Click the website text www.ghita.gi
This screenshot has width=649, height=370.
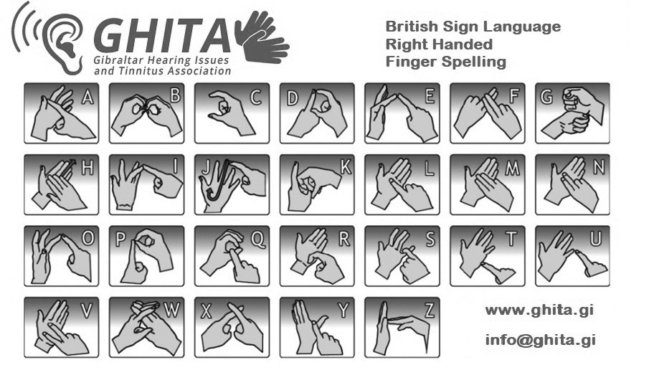tap(539, 310)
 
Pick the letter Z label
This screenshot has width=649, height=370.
tap(430, 311)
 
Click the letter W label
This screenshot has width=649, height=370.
tap(172, 311)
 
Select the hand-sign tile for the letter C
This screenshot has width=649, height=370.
tap(232, 113)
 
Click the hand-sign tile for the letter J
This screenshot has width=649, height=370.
tap(232, 184)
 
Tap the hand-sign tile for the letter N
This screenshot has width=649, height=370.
tap(572, 184)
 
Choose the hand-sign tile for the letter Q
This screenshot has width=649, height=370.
tap(232, 256)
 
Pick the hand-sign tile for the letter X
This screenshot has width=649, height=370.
tap(232, 328)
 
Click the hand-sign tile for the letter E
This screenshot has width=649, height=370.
tap(402, 113)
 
